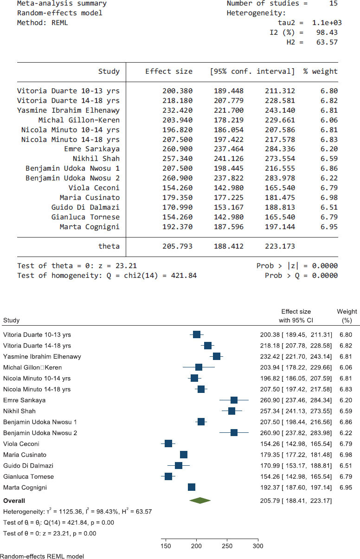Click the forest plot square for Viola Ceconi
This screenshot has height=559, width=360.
(168, 443)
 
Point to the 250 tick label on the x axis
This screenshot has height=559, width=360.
(227, 546)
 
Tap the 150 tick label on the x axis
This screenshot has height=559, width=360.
(165, 546)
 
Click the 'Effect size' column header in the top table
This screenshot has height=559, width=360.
(168, 71)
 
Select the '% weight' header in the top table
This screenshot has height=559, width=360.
(320, 71)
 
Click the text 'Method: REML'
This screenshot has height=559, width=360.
(42, 22)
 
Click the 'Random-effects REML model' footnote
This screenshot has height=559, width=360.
(42, 555)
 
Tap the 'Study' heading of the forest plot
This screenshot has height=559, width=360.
(11, 320)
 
